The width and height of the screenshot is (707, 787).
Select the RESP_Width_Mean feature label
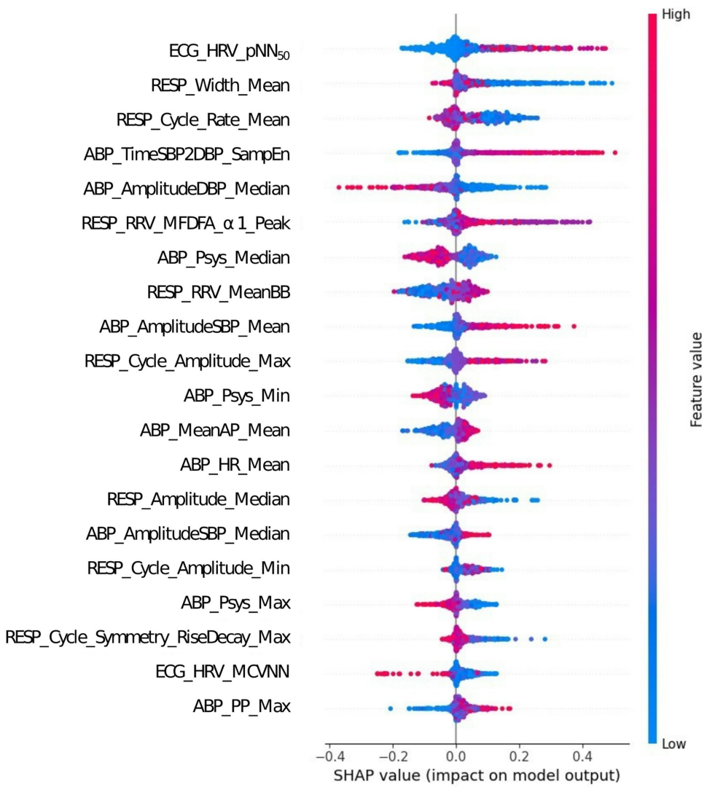pos(220,85)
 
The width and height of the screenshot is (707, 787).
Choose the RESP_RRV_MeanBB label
pos(218,292)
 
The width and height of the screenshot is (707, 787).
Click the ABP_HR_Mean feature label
pos(235,464)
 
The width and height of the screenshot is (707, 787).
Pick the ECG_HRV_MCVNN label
pos(222,671)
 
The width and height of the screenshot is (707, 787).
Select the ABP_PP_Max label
pos(241,705)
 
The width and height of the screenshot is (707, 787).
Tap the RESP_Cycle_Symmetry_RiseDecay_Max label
pos(148,637)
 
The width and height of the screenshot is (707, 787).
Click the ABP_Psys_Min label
pos(236,396)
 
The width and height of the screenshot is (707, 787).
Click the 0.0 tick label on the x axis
pos(456,750)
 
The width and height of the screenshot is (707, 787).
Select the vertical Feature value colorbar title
pos(697,386)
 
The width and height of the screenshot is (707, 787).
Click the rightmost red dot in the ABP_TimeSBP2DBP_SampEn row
pos(615,152)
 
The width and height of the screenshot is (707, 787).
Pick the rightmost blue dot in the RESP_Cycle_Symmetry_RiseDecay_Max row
pos(544,639)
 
